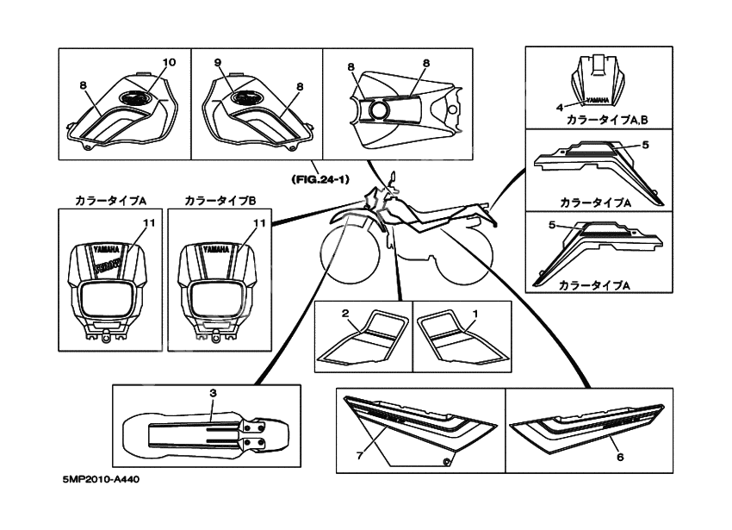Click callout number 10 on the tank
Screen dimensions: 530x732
[x=168, y=62]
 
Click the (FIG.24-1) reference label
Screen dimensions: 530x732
[x=319, y=180]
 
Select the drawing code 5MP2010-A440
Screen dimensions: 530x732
[x=100, y=502]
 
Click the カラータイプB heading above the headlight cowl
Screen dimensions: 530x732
[x=220, y=200]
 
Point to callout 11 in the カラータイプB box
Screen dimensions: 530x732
[x=256, y=222]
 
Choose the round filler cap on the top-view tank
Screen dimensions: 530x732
[x=378, y=111]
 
